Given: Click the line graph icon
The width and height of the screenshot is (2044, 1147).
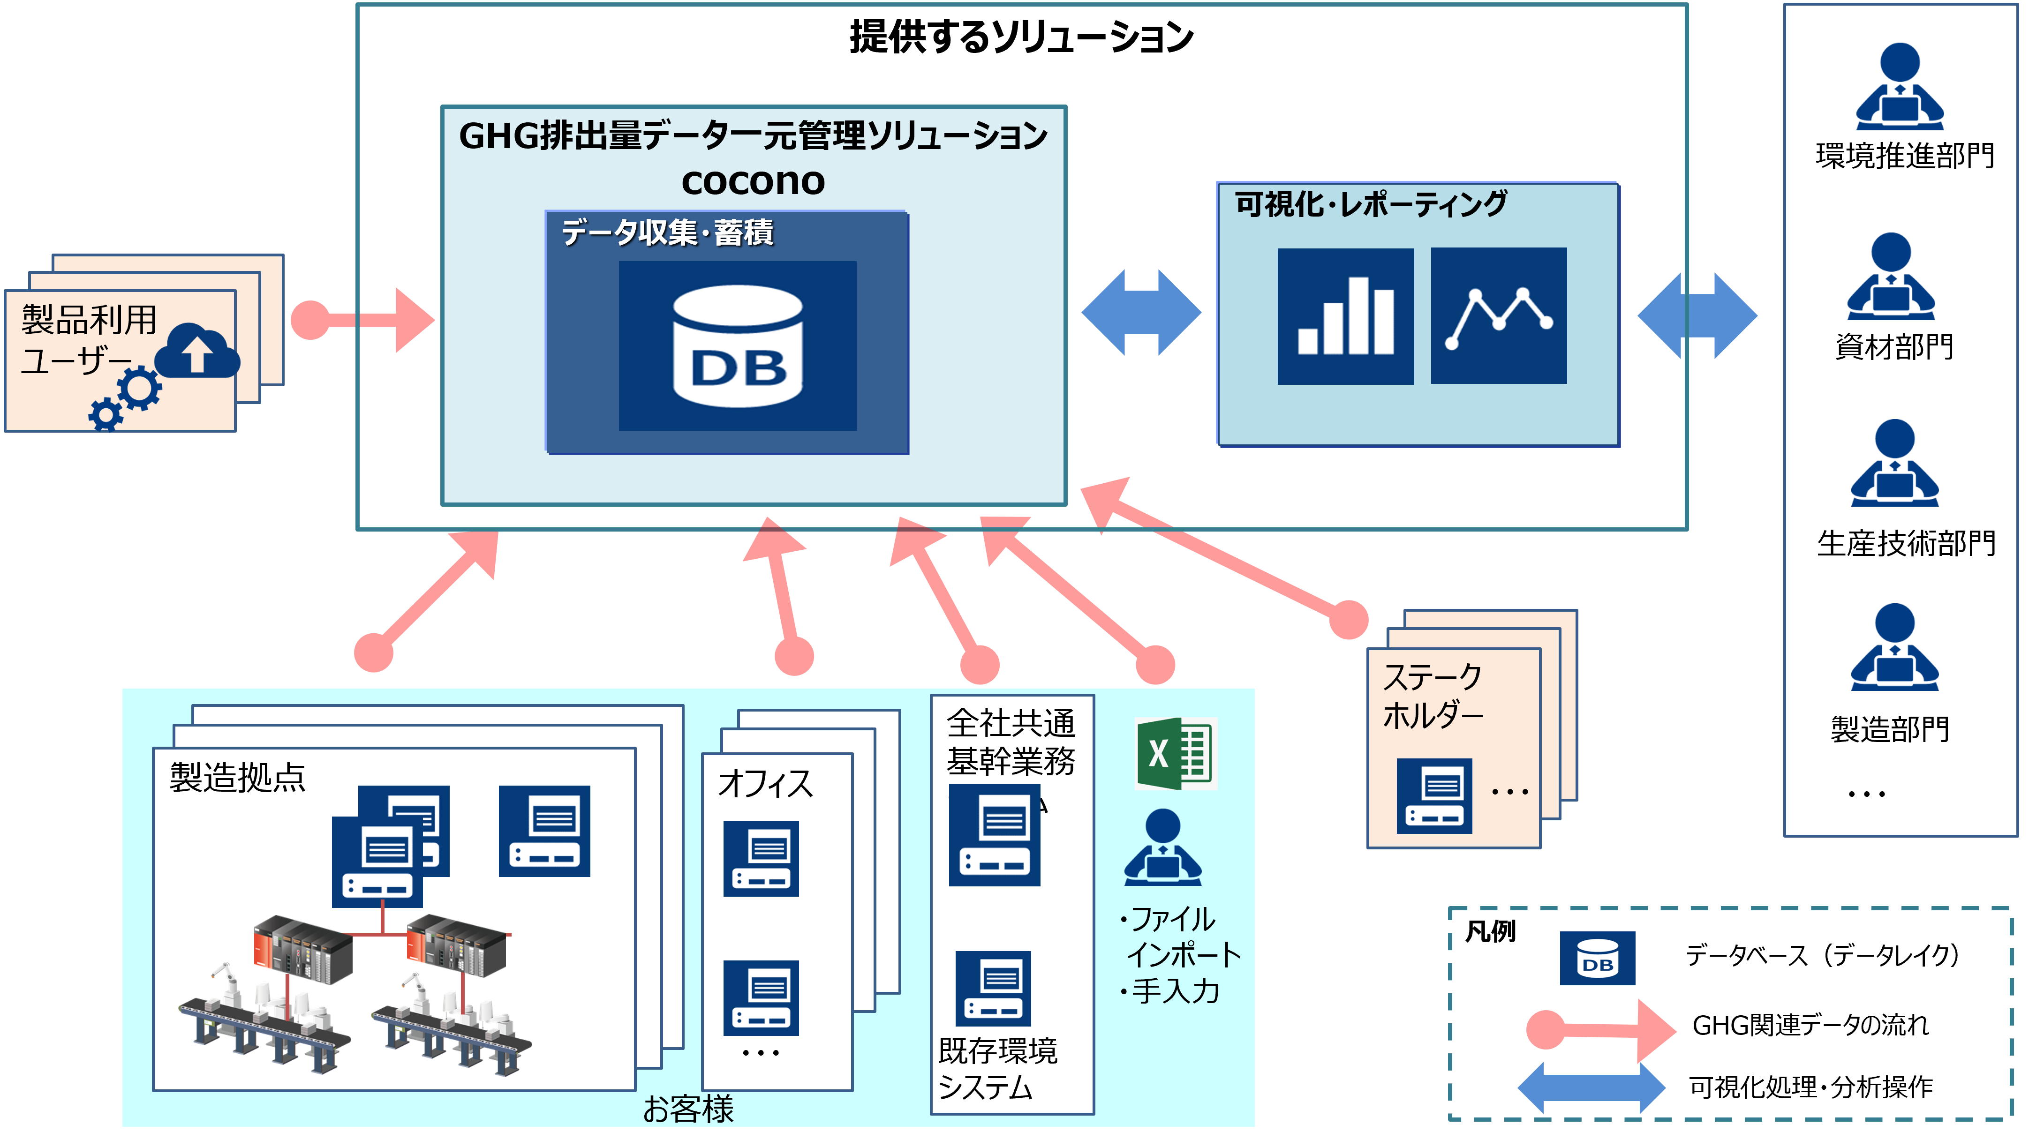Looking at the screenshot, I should pos(1498,316).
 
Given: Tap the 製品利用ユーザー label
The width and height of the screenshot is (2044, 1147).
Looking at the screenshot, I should pos(87,339).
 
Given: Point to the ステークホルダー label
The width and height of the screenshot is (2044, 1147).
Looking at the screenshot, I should pos(1432,696).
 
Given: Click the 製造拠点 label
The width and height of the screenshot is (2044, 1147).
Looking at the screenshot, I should pos(237,777).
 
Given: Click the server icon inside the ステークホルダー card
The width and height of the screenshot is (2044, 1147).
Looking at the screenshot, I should pos(1434,795).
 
